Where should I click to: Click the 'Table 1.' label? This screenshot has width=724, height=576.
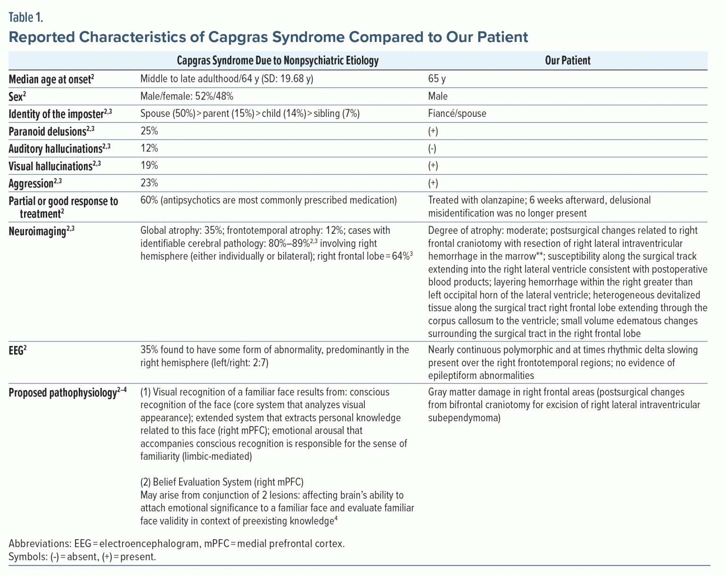tap(26, 17)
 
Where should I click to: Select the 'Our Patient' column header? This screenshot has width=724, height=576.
tap(567, 60)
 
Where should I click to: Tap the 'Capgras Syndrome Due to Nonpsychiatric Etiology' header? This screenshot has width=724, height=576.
tap(277, 60)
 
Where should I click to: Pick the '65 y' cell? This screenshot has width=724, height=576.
tap(436, 79)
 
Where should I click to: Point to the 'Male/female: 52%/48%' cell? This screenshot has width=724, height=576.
tap(187, 96)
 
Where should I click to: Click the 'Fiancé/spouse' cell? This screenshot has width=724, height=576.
tap(457, 114)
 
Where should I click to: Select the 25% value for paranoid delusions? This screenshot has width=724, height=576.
tap(149, 131)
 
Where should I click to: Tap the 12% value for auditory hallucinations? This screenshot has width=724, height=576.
tap(149, 148)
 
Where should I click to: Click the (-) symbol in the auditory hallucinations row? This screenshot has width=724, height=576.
tap(432, 148)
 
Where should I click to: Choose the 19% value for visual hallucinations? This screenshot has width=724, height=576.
tap(149, 165)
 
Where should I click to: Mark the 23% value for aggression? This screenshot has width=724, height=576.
tap(149, 183)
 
